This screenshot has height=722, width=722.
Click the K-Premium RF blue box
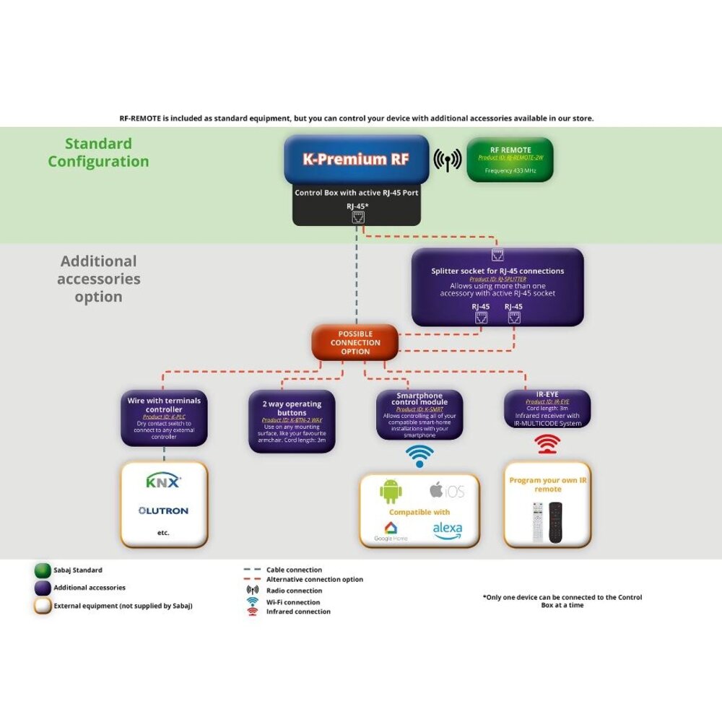pyautogui.click(x=357, y=160)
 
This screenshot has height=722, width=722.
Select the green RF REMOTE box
pyautogui.click(x=510, y=160)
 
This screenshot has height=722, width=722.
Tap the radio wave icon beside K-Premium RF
pyautogui.click(x=448, y=160)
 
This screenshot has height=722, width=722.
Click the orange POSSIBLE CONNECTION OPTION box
pyautogui.click(x=355, y=342)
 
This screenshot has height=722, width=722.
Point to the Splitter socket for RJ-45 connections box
pyautogui.click(x=497, y=287)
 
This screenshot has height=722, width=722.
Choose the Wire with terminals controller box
pyautogui.click(x=164, y=418)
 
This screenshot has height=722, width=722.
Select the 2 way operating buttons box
pyautogui.click(x=292, y=422)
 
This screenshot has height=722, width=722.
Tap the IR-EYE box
pyautogui.click(x=547, y=409)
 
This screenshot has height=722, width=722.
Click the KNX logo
pyautogui.click(x=164, y=482)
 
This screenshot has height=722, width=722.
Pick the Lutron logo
pyautogui.click(x=164, y=510)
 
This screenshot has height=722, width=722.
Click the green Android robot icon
pyautogui.click(x=391, y=492)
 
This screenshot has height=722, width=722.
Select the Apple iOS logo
pyautogui.click(x=447, y=491)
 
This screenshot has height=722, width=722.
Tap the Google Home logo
pyautogui.click(x=391, y=531)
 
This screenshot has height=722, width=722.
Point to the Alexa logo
pyautogui.click(x=448, y=531)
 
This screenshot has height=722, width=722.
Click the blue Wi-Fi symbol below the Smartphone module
pyautogui.click(x=420, y=456)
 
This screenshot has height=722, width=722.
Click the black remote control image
pyautogui.click(x=554, y=522)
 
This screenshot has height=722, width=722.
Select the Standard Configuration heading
pyautogui.click(x=98, y=152)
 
